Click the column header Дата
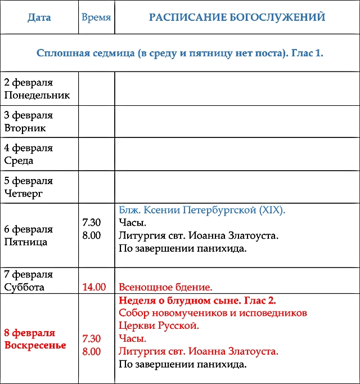39,17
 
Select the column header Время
96,17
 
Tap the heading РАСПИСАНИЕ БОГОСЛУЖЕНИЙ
237,17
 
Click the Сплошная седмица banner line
179,53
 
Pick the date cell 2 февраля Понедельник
37,89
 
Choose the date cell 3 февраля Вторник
29,122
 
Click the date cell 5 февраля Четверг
29,187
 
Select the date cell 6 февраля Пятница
29,235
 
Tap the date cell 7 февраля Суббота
29,280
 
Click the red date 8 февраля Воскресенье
35,339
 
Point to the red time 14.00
94,287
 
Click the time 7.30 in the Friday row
92,222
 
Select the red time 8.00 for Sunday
92,352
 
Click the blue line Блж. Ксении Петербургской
202,210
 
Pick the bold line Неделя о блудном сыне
197,300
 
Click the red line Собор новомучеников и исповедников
213,313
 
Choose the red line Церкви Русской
159,326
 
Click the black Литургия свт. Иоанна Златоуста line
199,235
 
